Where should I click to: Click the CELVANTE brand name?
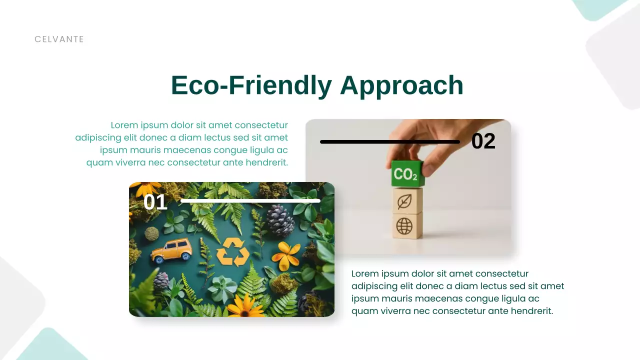(x=59, y=39)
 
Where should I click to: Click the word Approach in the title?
(x=401, y=85)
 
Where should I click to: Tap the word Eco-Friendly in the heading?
(x=251, y=85)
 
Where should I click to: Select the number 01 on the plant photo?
(x=155, y=202)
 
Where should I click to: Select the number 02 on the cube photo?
(x=483, y=141)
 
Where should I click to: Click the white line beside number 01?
(x=250, y=201)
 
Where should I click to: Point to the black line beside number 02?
(x=389, y=142)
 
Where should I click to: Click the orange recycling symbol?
(x=232, y=251)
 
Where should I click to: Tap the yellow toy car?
(x=171, y=249)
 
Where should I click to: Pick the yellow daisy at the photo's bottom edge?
(x=245, y=305)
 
